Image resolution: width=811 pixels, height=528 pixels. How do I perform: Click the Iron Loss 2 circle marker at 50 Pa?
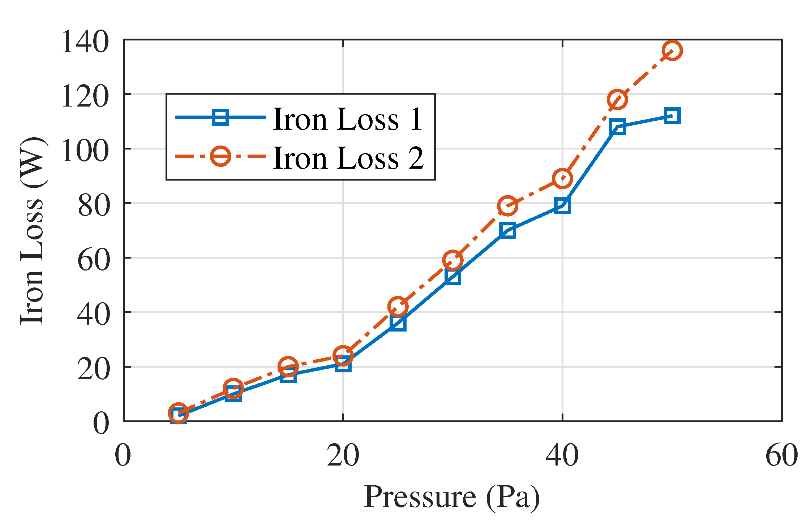tap(672, 50)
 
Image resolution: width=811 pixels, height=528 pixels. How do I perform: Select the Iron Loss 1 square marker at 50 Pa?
tap(672, 116)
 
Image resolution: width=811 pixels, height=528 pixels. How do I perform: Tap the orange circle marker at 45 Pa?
tap(617, 99)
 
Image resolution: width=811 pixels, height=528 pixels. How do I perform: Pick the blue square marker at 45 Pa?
tap(617, 127)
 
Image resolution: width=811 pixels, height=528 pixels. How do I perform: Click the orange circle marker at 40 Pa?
tap(562, 178)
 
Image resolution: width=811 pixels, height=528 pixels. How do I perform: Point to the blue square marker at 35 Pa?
tap(507, 230)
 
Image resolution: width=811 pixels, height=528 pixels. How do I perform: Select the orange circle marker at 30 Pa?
tap(452, 260)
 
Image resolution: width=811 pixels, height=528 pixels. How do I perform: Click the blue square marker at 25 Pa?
tap(398, 323)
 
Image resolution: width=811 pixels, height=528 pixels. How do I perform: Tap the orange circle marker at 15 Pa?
tap(288, 367)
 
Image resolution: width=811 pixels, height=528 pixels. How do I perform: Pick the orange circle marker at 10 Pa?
tap(233, 389)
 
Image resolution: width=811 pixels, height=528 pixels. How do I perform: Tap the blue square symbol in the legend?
tap(220, 117)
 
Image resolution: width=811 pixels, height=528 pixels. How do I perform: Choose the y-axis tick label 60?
tap(93, 260)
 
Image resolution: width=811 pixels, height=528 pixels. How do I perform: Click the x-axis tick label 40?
tap(562, 455)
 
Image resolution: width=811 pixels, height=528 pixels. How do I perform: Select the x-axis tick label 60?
tap(782, 455)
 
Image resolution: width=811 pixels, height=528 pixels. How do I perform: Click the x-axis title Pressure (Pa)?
tap(452, 497)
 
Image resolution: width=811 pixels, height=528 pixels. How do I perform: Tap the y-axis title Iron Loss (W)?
tap(33, 231)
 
